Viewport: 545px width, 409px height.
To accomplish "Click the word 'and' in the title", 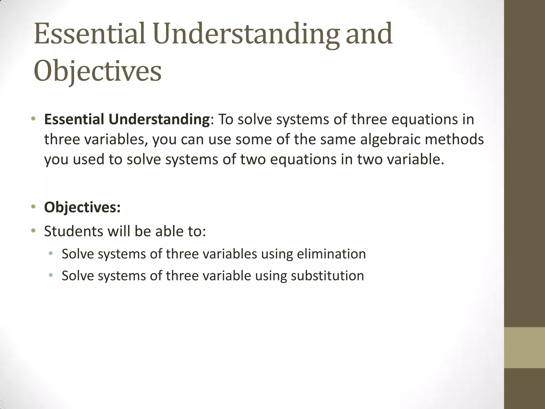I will (x=369, y=34).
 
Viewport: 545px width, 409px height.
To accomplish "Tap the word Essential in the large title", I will (x=90, y=34).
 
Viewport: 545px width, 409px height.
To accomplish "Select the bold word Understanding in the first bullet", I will (x=159, y=119).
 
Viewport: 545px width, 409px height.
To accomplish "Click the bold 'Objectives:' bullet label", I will (x=82, y=207).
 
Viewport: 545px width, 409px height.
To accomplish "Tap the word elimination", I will (x=331, y=254).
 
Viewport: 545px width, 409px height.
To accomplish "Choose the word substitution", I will (x=327, y=276).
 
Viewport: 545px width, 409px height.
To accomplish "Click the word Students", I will (x=74, y=231).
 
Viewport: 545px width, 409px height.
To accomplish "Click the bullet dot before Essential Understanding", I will (x=33, y=118).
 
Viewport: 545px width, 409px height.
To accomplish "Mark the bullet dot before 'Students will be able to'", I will (x=33, y=230).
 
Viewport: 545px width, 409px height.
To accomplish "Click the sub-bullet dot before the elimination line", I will (x=51, y=253).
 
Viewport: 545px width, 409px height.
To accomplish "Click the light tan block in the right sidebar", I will (x=524, y=347).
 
